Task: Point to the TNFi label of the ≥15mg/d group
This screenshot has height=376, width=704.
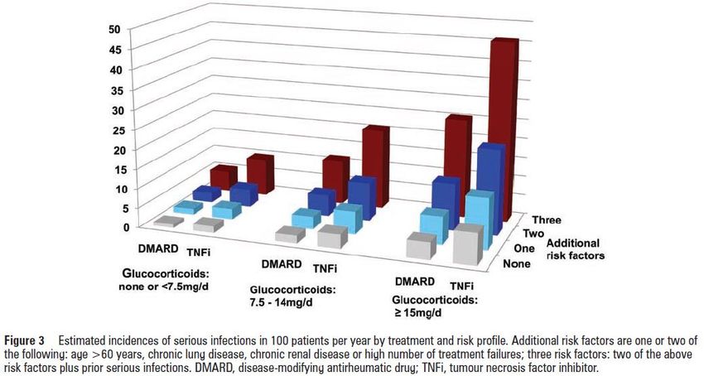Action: (x=461, y=285)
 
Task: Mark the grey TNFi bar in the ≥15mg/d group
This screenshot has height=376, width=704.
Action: (x=468, y=245)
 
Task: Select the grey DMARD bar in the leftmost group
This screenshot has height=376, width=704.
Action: (x=167, y=221)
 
